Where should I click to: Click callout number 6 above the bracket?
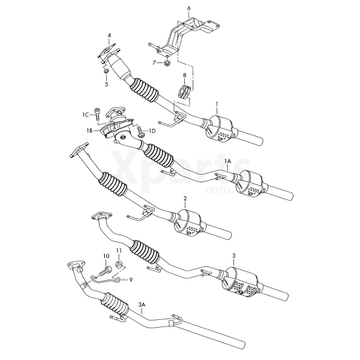point(189,8)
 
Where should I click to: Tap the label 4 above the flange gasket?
point(109,35)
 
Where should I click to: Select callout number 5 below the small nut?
point(106,84)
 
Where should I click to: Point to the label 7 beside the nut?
point(154,62)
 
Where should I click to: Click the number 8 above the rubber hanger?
point(185,75)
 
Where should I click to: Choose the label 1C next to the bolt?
point(86,115)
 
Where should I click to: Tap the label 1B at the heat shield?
point(89,131)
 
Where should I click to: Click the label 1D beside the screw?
point(152,131)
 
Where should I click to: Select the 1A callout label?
point(227,161)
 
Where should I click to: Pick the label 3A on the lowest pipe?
point(142,305)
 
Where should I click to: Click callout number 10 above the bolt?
point(107,256)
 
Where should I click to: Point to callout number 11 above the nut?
point(118,250)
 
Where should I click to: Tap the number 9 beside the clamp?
point(131,280)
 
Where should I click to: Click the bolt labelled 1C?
point(97,114)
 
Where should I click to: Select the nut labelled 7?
point(167,62)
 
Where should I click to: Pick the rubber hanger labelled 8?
point(184,91)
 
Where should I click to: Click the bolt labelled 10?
point(106,271)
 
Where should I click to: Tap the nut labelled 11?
point(119,263)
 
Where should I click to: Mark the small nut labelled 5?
point(106,71)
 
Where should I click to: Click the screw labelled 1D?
point(140,132)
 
